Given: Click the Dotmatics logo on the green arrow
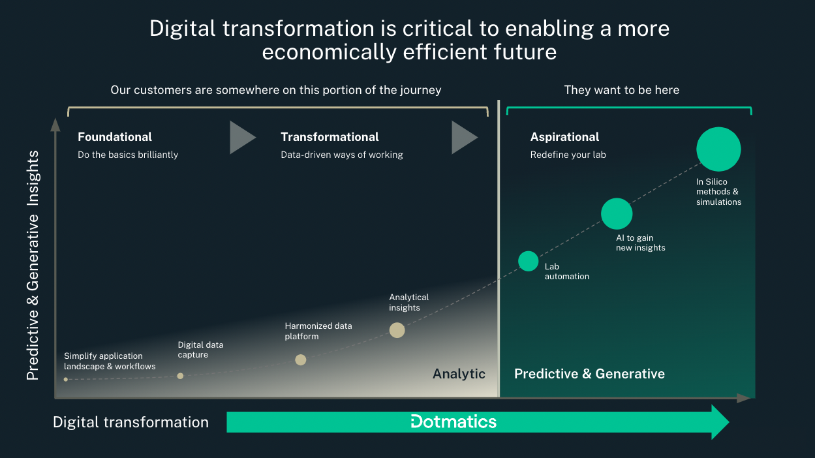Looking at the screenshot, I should (x=454, y=421).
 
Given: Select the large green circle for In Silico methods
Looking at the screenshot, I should (x=718, y=149).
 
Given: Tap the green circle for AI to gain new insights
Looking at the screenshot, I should (x=617, y=213).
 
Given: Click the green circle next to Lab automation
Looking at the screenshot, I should (x=529, y=261).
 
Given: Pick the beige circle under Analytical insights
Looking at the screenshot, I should (x=397, y=330).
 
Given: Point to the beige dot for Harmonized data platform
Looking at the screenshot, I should (x=300, y=359).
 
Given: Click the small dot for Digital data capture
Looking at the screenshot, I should (x=180, y=376).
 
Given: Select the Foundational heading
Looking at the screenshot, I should (x=115, y=137).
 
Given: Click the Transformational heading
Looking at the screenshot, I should (x=330, y=137).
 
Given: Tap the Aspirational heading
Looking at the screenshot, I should (x=564, y=137).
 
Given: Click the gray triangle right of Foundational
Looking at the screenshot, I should (x=241, y=137).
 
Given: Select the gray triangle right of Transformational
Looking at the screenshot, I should (x=463, y=137).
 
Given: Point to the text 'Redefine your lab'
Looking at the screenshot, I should (x=569, y=155).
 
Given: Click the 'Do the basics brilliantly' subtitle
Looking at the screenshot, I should (x=128, y=155).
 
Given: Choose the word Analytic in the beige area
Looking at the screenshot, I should (x=459, y=374).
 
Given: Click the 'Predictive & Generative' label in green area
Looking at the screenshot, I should (x=589, y=374).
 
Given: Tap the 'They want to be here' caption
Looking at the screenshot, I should (x=621, y=90).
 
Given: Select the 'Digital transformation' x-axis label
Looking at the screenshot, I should (x=131, y=422).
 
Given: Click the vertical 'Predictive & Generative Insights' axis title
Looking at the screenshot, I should (x=33, y=266).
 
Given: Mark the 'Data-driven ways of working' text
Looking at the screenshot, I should (x=342, y=155).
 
